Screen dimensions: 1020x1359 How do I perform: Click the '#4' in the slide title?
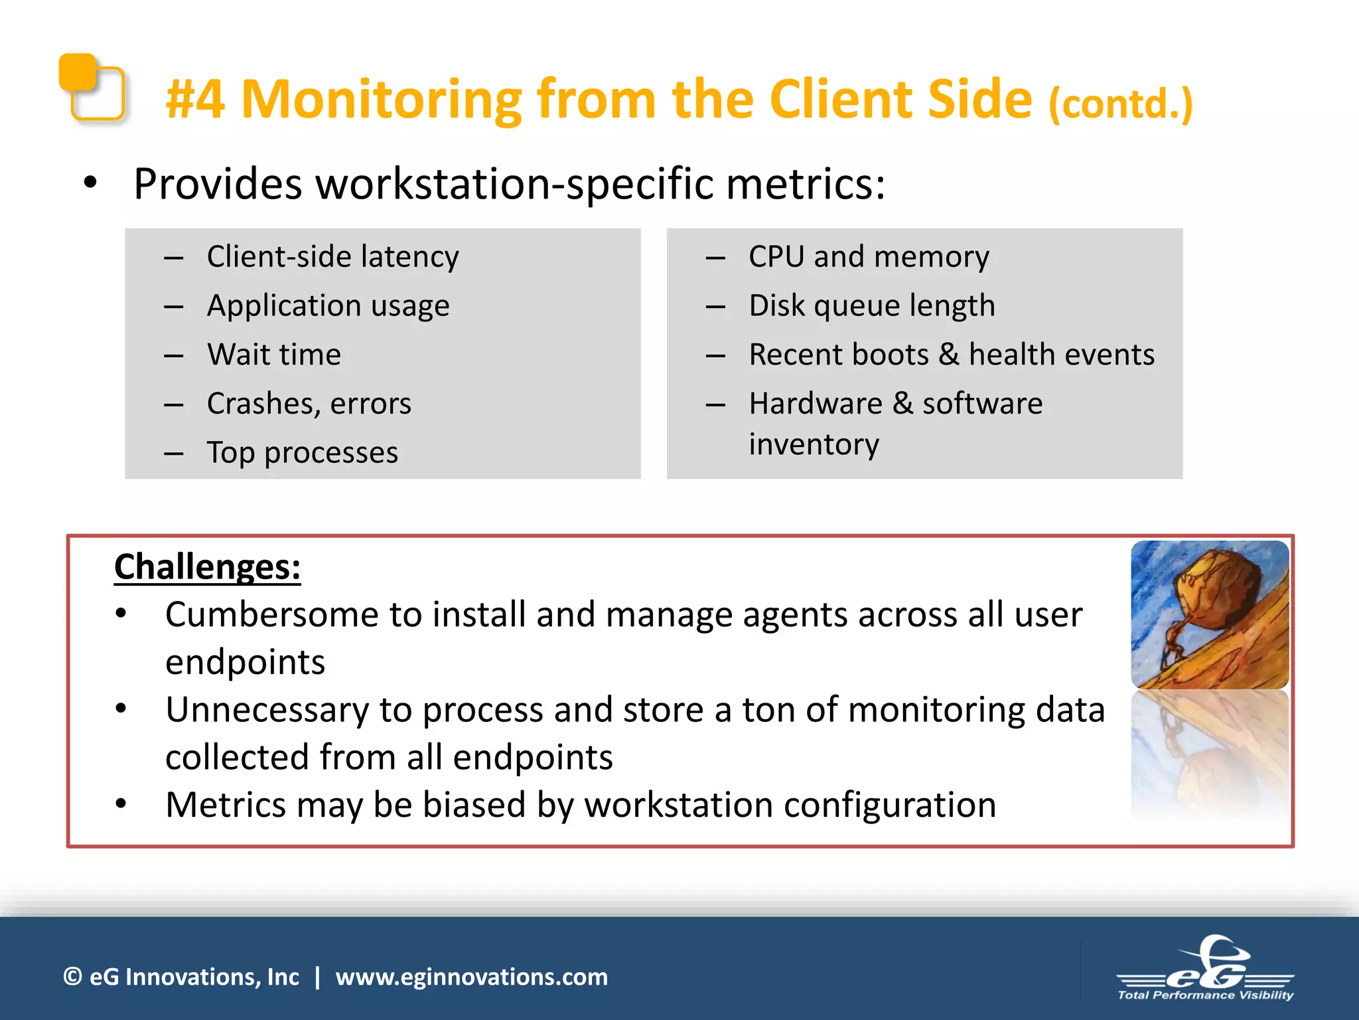[x=195, y=100]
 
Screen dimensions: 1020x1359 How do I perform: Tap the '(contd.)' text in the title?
[x=1120, y=104]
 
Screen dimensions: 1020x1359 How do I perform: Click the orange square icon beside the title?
[x=92, y=88]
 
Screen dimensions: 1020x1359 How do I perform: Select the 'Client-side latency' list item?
[x=332, y=256]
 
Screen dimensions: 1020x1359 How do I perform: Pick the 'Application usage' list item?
[x=328, y=305]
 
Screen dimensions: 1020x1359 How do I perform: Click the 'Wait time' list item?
[x=273, y=355]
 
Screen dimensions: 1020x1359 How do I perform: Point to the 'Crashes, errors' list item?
[x=309, y=404]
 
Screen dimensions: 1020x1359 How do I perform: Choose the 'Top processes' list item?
[x=302, y=453]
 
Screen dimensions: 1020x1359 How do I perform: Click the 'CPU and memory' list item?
[x=868, y=256]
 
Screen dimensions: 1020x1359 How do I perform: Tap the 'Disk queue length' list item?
[x=871, y=305]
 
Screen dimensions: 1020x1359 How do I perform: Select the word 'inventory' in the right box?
[x=814, y=444]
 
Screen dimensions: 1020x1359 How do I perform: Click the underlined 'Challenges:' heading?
[x=207, y=567]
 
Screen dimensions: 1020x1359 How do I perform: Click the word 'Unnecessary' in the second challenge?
[x=267, y=710]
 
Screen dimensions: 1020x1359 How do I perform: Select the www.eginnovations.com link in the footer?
[x=471, y=977]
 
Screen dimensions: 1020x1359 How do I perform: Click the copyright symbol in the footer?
[x=72, y=977]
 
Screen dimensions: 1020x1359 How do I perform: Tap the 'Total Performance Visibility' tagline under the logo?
[x=1205, y=995]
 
